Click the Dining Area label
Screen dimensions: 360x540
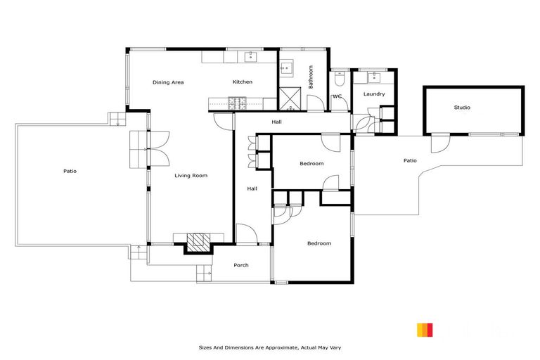(168, 82)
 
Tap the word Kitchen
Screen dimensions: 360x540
(243, 82)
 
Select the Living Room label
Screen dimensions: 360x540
(191, 175)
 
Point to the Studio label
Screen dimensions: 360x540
(462, 108)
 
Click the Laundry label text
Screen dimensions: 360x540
(374, 94)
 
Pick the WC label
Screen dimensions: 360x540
(337, 96)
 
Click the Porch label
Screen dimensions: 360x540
(241, 265)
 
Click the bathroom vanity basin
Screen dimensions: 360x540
(286, 68)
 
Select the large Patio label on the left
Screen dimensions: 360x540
(70, 171)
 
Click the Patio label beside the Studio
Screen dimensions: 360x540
(410, 160)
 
